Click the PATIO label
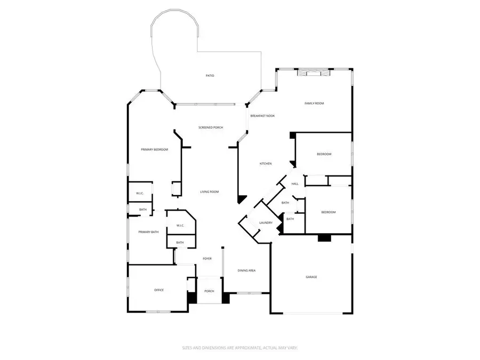pyautogui.click(x=210, y=76)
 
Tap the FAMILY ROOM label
pyautogui.click(x=314, y=103)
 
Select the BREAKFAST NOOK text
pyautogui.click(x=262, y=116)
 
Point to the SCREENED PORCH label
pyautogui.click(x=211, y=127)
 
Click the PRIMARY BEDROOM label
pyautogui.click(x=155, y=150)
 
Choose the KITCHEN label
pyautogui.click(x=266, y=164)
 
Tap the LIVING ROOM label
pyautogui.click(x=210, y=192)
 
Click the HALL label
pyautogui.click(x=295, y=184)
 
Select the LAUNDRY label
pyautogui.click(x=266, y=223)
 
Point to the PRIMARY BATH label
pyautogui.click(x=149, y=232)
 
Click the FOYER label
pyautogui.click(x=207, y=259)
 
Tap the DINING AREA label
pyautogui.click(x=246, y=271)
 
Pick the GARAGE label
pyautogui.click(x=311, y=277)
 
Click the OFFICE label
pyautogui.click(x=159, y=290)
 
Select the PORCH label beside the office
pyautogui.click(x=209, y=291)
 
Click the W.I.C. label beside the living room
pyautogui.click(x=180, y=226)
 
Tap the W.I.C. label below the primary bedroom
pyautogui.click(x=140, y=193)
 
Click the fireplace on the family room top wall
pyautogui.click(x=310, y=73)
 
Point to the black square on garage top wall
pyautogui.click(x=324, y=238)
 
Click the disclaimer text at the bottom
pyautogui.click(x=239, y=347)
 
